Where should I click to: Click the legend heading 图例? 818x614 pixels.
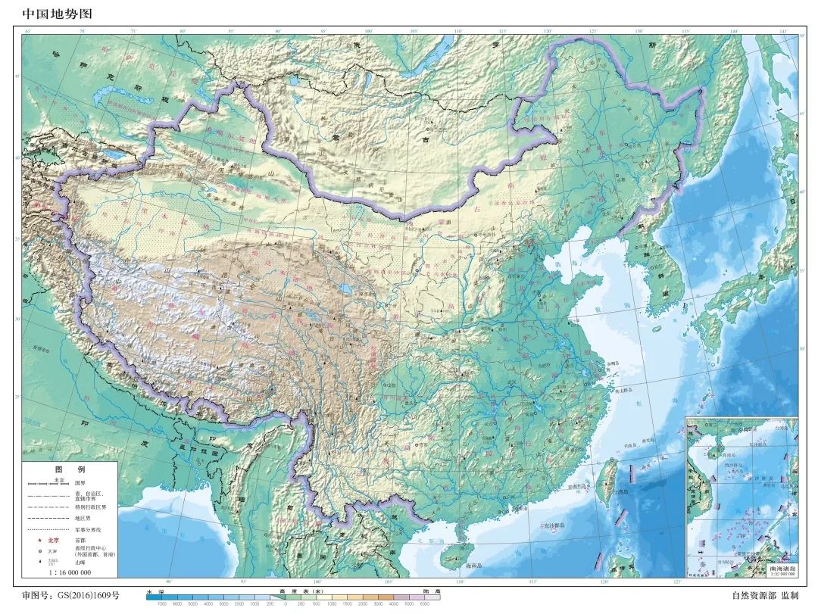point(70,469)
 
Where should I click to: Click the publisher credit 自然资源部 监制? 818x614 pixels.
point(764,596)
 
